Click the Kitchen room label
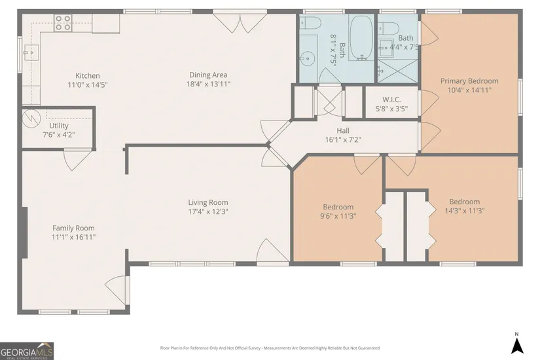pyautogui.click(x=88, y=75)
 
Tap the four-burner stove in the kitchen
pyautogui.click(x=63, y=23)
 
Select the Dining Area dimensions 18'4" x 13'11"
pyautogui.click(x=208, y=84)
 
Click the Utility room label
pyautogui.click(x=58, y=126)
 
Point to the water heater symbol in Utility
pyautogui.click(x=31, y=118)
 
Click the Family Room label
pyautogui.click(x=73, y=228)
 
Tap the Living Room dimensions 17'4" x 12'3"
pyautogui.click(x=208, y=211)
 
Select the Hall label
pyautogui.click(x=343, y=130)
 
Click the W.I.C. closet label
pyautogui.click(x=391, y=99)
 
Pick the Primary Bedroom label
pyautogui.click(x=469, y=81)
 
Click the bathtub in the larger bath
pyautogui.click(x=361, y=37)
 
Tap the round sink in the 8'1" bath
pyautogui.click(x=307, y=58)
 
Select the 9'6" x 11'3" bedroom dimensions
pyautogui.click(x=338, y=216)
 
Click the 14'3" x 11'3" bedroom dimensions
pyautogui.click(x=465, y=211)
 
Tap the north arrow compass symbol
pyautogui.click(x=517, y=344)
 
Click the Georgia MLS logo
pyautogui.click(x=27, y=351)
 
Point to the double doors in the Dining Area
pyautogui.click(x=240, y=22)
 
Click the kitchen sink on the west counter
pyautogui.click(x=31, y=53)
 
